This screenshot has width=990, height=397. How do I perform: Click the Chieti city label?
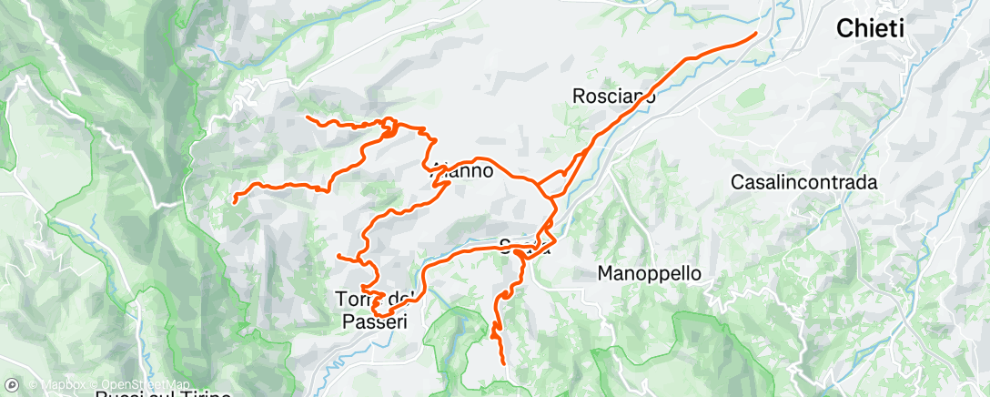(870, 30)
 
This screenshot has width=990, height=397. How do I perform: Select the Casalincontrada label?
(803, 182)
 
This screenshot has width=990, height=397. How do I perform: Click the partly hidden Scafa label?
(525, 245)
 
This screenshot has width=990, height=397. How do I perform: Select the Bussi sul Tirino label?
(164, 394)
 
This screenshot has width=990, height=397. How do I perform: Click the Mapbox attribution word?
(59, 385)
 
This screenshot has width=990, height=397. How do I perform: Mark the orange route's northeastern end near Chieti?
(755, 34)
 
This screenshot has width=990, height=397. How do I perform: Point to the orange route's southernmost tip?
(503, 364)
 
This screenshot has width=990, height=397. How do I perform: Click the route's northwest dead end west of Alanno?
(307, 117)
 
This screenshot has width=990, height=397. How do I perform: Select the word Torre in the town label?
(356, 299)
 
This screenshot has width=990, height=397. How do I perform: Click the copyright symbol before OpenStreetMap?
(95, 385)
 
